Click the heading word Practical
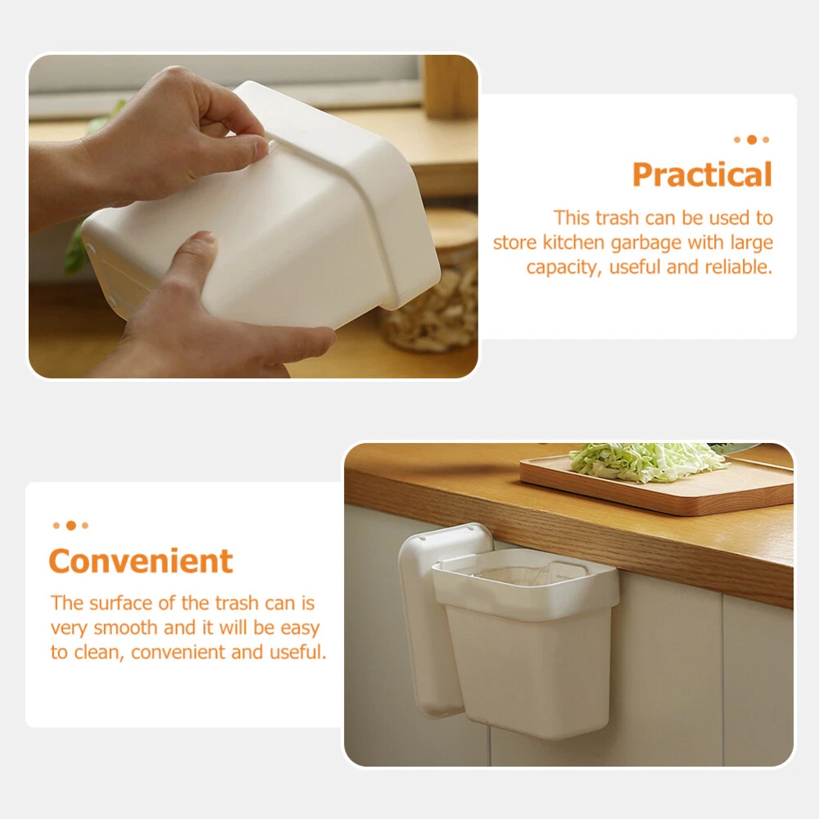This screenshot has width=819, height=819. coord(702,174)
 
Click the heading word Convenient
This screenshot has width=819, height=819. coord(141,561)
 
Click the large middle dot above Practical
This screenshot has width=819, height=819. coord(752,139)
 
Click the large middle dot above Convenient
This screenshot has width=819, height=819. coord(71,525)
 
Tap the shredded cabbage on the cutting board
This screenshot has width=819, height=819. coord(647,461)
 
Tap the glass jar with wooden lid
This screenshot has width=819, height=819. coord(432,282)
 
